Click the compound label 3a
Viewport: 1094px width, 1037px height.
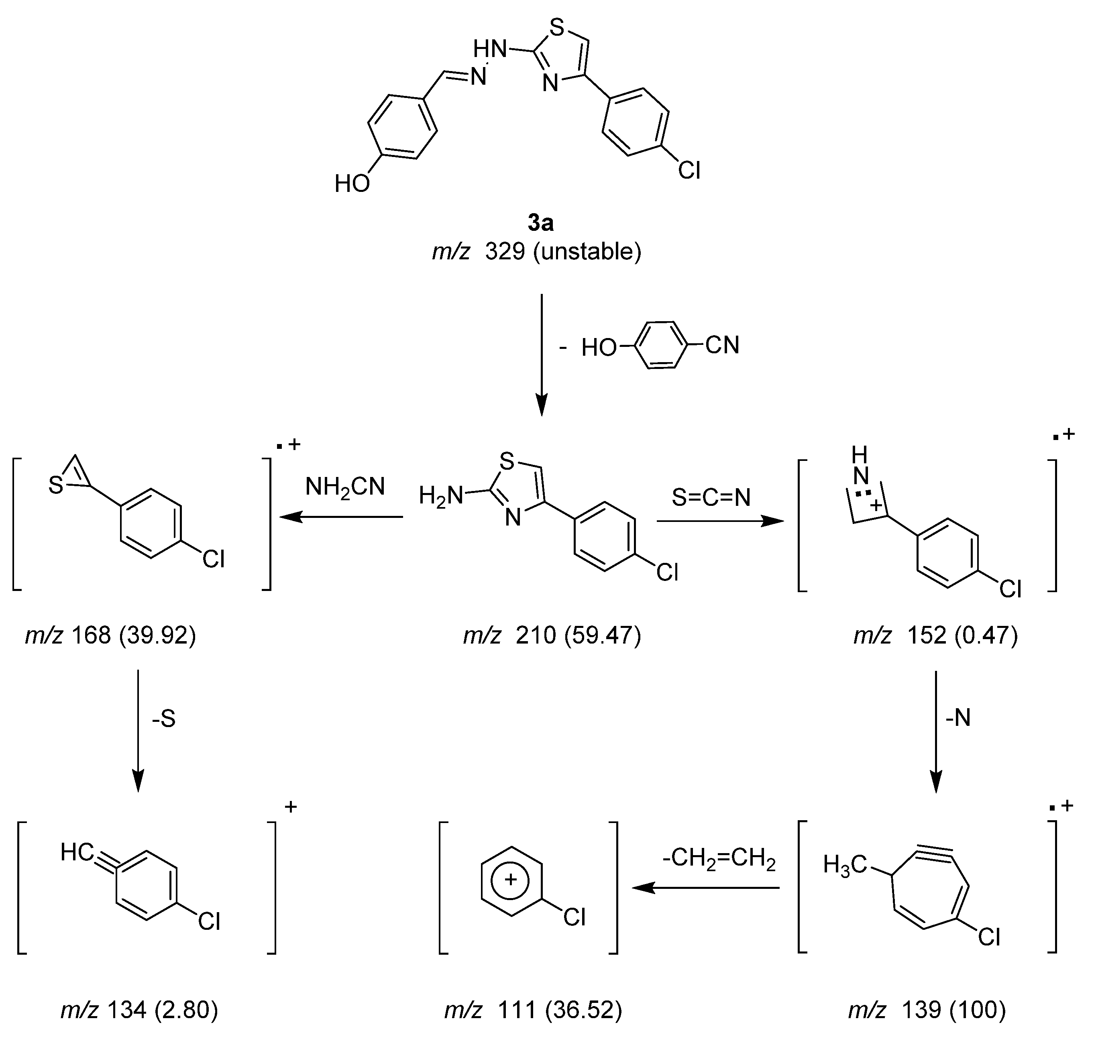click(540, 223)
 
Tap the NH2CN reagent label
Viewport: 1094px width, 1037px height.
click(345, 487)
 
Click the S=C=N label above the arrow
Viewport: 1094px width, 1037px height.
click(711, 497)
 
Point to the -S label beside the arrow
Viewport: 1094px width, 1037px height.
click(164, 719)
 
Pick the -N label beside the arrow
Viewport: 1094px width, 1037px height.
click(958, 717)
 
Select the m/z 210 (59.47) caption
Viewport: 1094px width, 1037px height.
click(552, 636)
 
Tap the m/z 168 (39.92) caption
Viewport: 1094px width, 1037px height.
click(110, 636)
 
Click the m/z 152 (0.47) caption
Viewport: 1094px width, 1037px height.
click(935, 636)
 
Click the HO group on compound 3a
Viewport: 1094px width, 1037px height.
click(352, 183)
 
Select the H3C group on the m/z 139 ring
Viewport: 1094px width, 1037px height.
click(844, 864)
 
